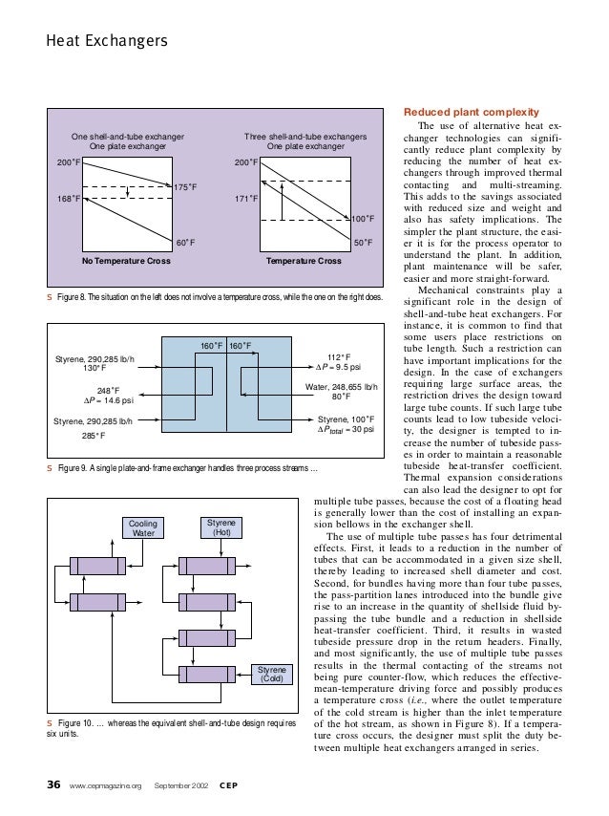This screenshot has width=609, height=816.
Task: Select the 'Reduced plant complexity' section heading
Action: click(460, 112)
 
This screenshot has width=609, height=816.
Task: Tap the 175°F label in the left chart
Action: click(183, 186)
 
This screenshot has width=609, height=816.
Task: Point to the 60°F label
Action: click(184, 243)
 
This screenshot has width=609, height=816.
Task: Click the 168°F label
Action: click(68, 199)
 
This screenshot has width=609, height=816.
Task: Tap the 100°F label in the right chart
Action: click(360, 219)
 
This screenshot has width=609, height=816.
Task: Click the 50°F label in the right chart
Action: click(363, 243)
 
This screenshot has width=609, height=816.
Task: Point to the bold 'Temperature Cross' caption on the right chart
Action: click(304, 260)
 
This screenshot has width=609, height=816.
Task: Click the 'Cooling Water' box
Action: click(142, 527)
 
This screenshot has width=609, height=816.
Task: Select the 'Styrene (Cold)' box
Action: click(273, 674)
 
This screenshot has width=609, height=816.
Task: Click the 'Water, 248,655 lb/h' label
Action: click(341, 386)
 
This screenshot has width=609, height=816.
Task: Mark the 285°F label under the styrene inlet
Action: click(94, 435)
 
